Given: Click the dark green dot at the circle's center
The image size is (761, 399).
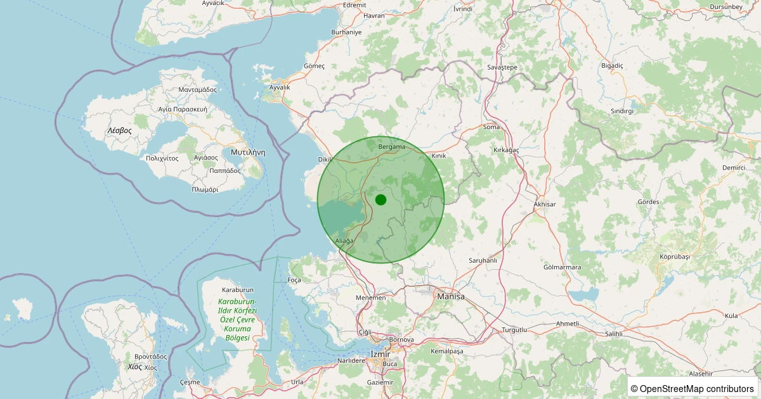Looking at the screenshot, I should (x=380, y=199).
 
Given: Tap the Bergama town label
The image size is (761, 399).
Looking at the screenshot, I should (x=391, y=147).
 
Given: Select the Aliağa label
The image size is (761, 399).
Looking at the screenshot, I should (x=344, y=241).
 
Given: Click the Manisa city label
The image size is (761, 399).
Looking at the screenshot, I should (x=451, y=296).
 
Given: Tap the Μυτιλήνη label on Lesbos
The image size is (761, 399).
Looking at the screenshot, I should (x=247, y=152).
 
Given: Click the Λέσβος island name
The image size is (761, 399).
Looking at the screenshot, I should (x=119, y=130).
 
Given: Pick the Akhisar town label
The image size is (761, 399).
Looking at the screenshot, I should (x=545, y=205).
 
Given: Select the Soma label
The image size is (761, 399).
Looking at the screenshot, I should (x=491, y=127).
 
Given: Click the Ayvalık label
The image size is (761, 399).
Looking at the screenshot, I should (x=280, y=87).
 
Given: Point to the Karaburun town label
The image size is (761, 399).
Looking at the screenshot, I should (x=238, y=289).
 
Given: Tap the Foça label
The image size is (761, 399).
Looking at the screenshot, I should (x=294, y=280).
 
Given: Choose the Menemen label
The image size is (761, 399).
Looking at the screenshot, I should (x=370, y=298).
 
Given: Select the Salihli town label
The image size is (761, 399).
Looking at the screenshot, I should (x=614, y=333).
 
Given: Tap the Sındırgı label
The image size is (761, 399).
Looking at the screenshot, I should (x=622, y=111).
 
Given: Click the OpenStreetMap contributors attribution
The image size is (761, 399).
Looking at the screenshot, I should (x=693, y=388).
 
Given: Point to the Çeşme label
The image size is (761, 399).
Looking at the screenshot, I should (x=190, y=382).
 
